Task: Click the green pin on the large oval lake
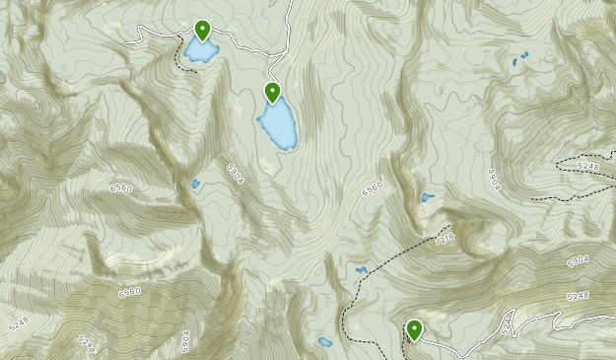(x=273, y=94)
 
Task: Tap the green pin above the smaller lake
(x=203, y=31)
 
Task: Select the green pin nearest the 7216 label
(x=414, y=329)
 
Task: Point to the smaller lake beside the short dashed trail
(x=200, y=49)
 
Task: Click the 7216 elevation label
(x=445, y=240)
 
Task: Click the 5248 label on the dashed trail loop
(x=588, y=167)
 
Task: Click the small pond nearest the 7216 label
(x=427, y=197)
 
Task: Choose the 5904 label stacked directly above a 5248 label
(x=577, y=261)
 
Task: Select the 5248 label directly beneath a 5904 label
(x=579, y=296)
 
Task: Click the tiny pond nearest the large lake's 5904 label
(x=195, y=183)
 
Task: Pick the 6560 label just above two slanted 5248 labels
(x=129, y=292)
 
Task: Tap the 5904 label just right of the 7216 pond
(x=494, y=179)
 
